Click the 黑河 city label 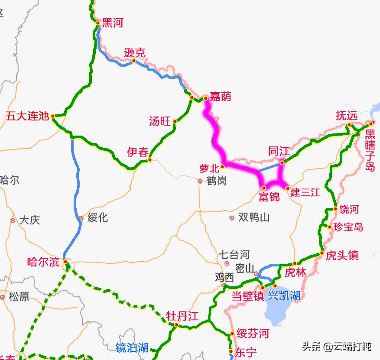pos(112,23)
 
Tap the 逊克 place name pos(134,53)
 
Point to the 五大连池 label pos(27,116)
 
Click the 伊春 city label pos(137,152)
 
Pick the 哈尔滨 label pos(43,262)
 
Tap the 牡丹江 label pos(182,316)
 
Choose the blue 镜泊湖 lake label pos(132,347)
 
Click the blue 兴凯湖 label pos(284,296)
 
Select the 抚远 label pos(347,116)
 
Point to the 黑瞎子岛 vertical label pos(370,150)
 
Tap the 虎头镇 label pos(342,255)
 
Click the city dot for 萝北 pos(223,166)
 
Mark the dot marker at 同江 pos(282,162)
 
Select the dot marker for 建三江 pos(287,188)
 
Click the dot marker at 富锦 pos(263,188)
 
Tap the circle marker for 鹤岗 pos(200,181)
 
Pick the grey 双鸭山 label pos(254,217)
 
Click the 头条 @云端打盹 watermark pos(336,347)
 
